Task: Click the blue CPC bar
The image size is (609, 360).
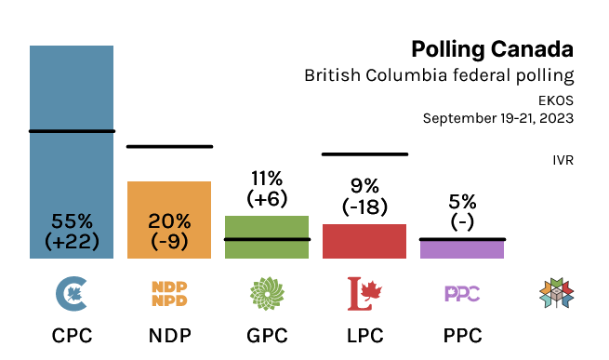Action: point(72,121)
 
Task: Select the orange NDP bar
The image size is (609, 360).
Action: point(169,200)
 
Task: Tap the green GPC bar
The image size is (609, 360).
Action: point(267,229)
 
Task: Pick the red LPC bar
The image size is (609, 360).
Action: point(364,241)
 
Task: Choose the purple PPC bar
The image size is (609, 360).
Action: point(462,249)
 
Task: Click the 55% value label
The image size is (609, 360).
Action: point(72,221)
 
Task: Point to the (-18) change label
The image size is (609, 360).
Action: point(364,207)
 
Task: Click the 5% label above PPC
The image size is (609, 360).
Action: point(462,201)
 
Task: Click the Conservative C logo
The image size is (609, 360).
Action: point(72,294)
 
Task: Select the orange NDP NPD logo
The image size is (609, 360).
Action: point(169,294)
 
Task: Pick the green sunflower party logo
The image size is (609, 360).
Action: point(267,294)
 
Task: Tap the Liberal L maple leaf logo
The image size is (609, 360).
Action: point(364,294)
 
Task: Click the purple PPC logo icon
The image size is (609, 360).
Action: point(462,294)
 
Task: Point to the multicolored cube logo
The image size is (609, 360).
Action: point(555,294)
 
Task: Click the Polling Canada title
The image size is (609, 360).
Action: point(492,48)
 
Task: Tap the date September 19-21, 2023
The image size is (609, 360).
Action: point(497,118)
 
